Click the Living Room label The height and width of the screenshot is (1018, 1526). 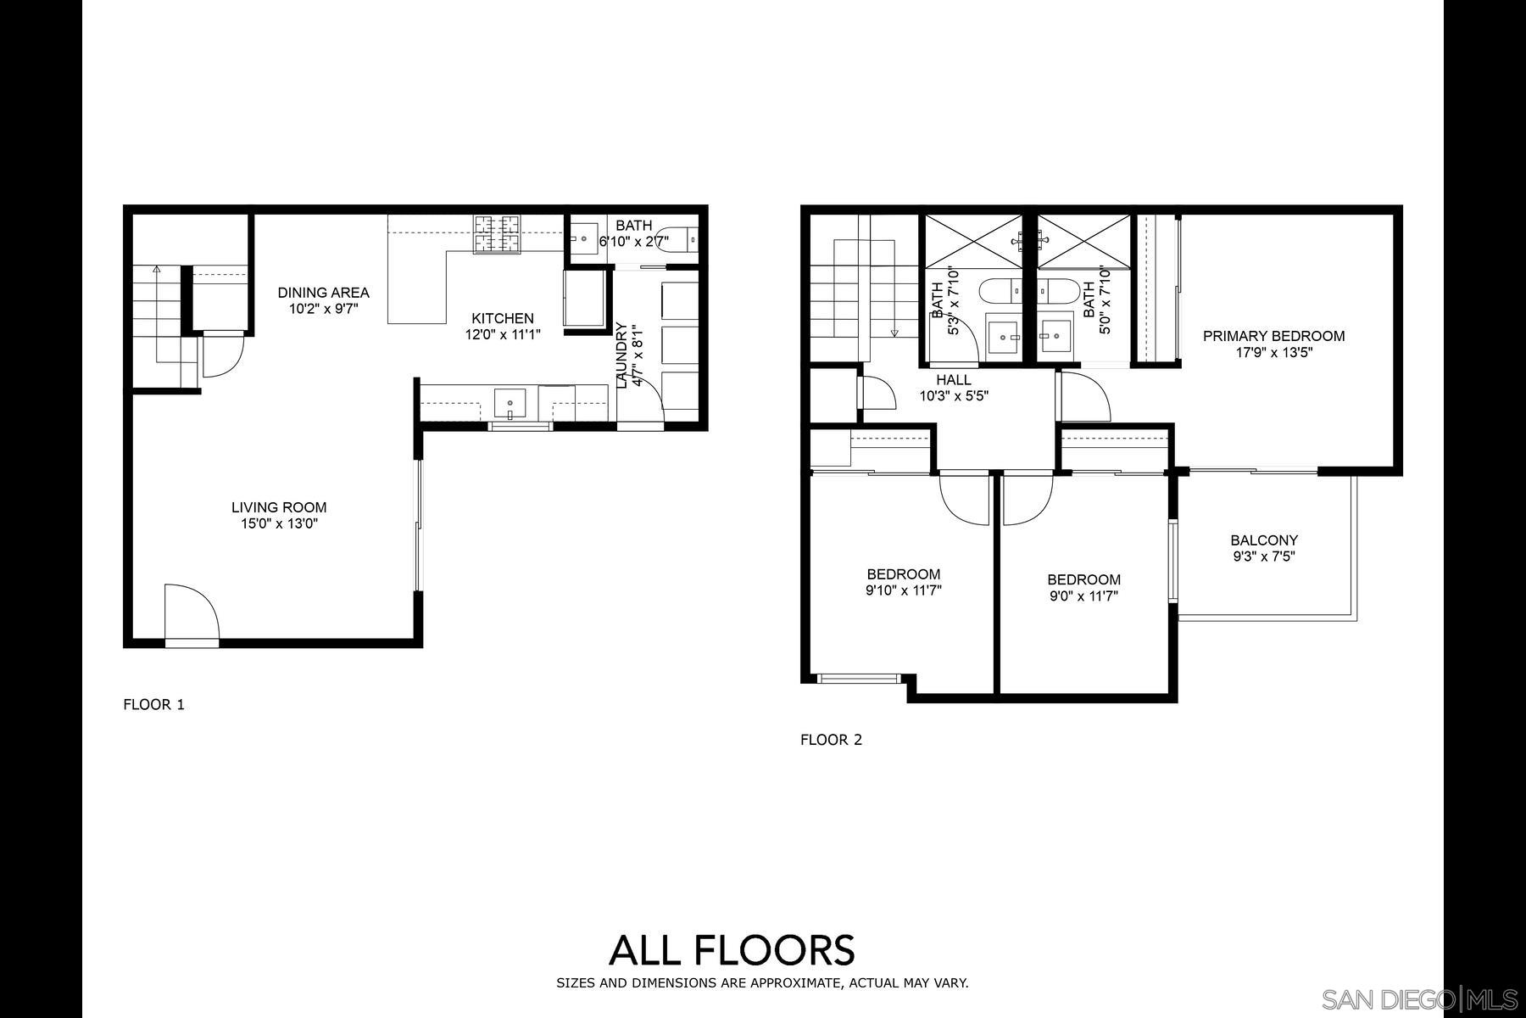pyautogui.click(x=279, y=507)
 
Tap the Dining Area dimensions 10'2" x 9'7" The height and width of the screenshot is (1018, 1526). pyautogui.click(x=324, y=310)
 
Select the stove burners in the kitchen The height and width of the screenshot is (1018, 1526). pyautogui.click(x=497, y=234)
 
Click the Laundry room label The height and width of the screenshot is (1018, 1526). pyautogui.click(x=621, y=355)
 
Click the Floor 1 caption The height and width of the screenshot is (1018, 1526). pyautogui.click(x=153, y=704)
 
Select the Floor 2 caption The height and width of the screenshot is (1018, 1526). pyautogui.click(x=831, y=740)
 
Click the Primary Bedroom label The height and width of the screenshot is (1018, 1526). pyautogui.click(x=1273, y=336)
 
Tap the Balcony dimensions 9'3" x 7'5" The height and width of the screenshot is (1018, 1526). pyautogui.click(x=1264, y=557)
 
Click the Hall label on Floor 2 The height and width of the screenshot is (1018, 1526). pyautogui.click(x=954, y=380)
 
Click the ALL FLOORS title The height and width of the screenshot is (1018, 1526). pyautogui.click(x=732, y=950)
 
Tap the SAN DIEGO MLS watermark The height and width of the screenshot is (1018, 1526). pyautogui.click(x=1421, y=999)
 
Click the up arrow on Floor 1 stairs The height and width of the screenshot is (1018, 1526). pyautogui.click(x=157, y=270)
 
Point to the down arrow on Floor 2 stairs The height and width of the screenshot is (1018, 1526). pyautogui.click(x=894, y=333)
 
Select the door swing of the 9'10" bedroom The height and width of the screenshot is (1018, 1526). pyautogui.click(x=965, y=501)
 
